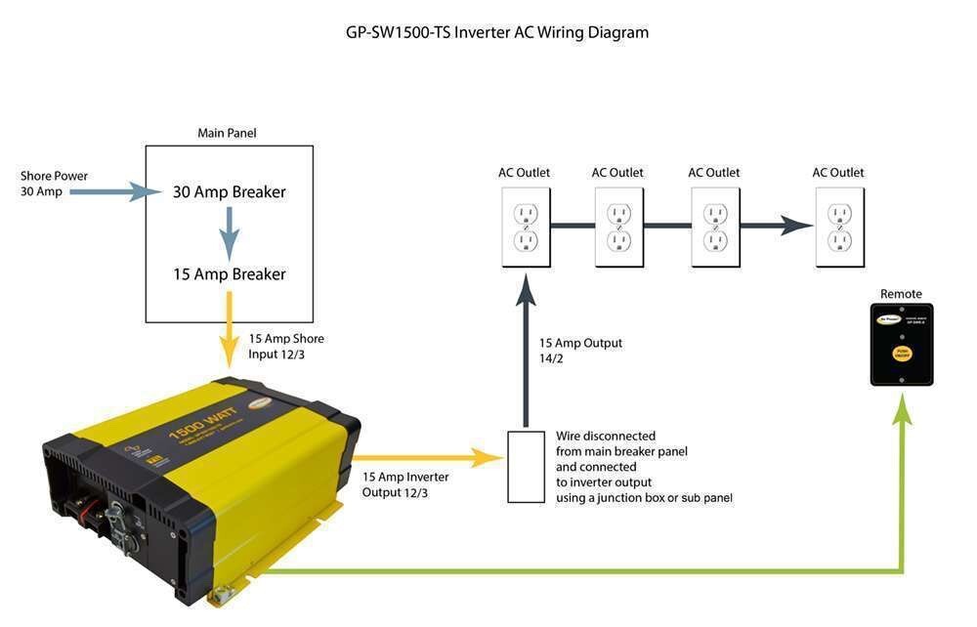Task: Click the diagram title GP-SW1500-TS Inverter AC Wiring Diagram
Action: pyautogui.click(x=497, y=32)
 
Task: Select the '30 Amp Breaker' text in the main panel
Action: pyautogui.click(x=230, y=192)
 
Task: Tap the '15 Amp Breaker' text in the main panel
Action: pyautogui.click(x=230, y=274)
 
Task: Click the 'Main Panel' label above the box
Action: pyautogui.click(x=227, y=133)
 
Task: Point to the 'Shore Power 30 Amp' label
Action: pyautogui.click(x=54, y=184)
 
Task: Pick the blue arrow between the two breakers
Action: pyautogui.click(x=229, y=233)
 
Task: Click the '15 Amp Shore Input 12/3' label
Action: pyautogui.click(x=286, y=346)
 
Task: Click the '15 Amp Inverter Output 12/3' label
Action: pyautogui.click(x=405, y=484)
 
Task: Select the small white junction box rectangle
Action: pyautogui.click(x=527, y=466)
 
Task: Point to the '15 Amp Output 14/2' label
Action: pyautogui.click(x=580, y=351)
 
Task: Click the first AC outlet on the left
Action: pyautogui.click(x=526, y=227)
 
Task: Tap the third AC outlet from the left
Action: pyautogui.click(x=715, y=227)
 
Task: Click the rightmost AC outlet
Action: pyautogui.click(x=839, y=227)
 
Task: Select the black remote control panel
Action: pyautogui.click(x=901, y=344)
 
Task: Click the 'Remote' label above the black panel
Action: pyautogui.click(x=901, y=294)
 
